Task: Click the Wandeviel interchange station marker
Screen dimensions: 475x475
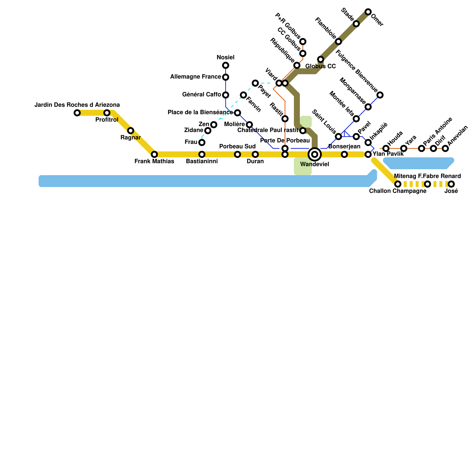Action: click(315, 154)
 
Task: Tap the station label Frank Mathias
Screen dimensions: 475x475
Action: click(154, 161)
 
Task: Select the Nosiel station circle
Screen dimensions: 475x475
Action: click(226, 65)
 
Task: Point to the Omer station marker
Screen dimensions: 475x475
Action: click(368, 12)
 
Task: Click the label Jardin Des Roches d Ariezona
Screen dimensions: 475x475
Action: click(77, 105)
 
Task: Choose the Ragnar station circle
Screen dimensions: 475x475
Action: click(131, 131)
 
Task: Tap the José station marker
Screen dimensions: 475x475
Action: click(451, 184)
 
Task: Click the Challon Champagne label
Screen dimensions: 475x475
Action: click(398, 191)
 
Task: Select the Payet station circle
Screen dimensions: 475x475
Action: click(255, 83)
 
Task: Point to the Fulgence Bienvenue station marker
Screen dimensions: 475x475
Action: click(380, 95)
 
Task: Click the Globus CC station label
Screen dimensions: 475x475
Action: click(321, 66)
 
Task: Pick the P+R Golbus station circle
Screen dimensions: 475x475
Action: click(303, 42)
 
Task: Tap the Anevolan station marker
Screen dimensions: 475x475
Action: click(445, 148)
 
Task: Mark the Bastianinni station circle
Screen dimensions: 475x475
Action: click(202, 154)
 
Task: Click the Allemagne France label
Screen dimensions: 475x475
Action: click(195, 77)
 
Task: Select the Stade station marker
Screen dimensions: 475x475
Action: click(356, 24)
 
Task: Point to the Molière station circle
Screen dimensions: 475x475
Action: click(249, 125)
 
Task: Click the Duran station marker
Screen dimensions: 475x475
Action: click(255, 154)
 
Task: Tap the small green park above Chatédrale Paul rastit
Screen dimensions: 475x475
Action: click(306, 121)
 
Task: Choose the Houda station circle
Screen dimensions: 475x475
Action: click(386, 148)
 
